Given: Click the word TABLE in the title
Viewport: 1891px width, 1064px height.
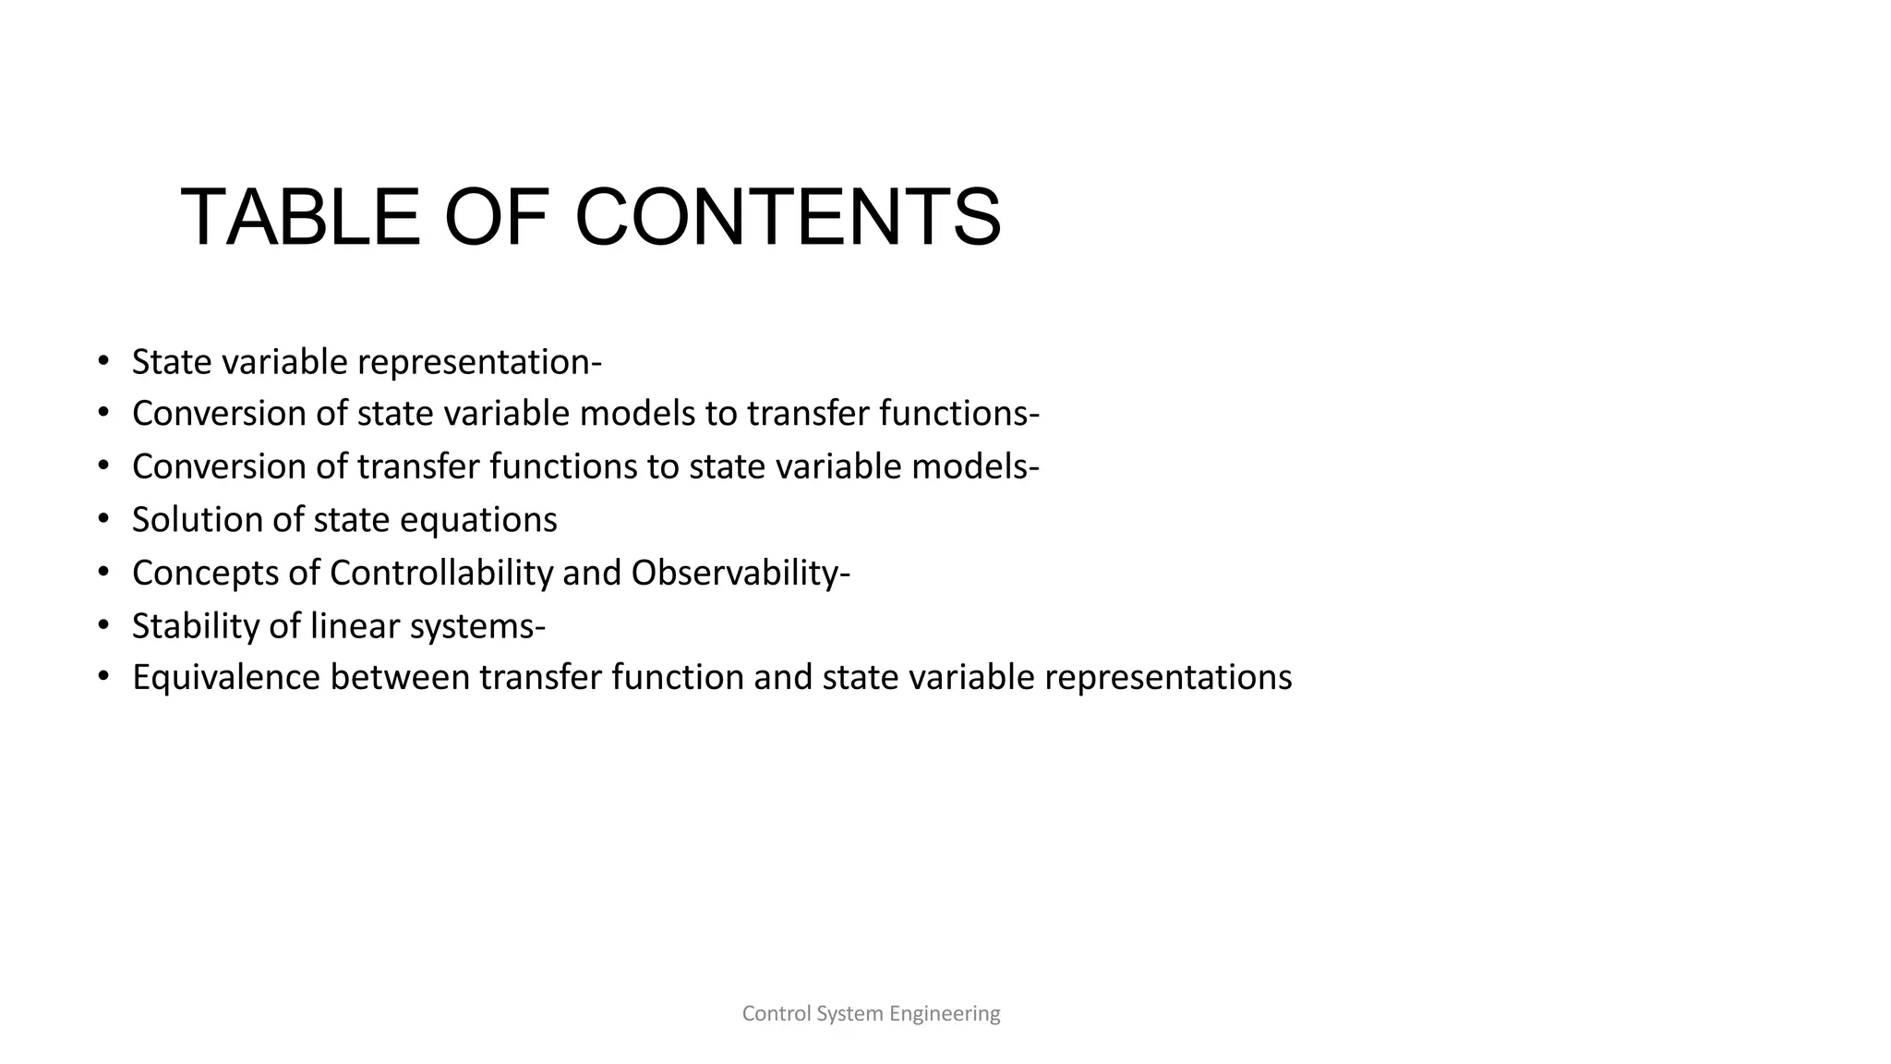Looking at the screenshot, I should tap(300, 218).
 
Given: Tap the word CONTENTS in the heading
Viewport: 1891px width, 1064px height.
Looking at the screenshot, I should tap(788, 218).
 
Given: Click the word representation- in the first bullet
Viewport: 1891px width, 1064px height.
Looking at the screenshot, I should tap(479, 362).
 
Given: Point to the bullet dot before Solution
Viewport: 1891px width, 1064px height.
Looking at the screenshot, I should tap(104, 518).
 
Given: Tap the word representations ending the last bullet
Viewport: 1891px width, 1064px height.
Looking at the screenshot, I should tap(1168, 679).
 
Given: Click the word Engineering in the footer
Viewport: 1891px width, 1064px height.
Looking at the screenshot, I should tap(945, 1014).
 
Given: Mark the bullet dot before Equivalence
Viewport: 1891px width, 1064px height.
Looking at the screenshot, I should tap(104, 677).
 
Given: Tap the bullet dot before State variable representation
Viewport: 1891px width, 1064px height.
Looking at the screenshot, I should tap(104, 360).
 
